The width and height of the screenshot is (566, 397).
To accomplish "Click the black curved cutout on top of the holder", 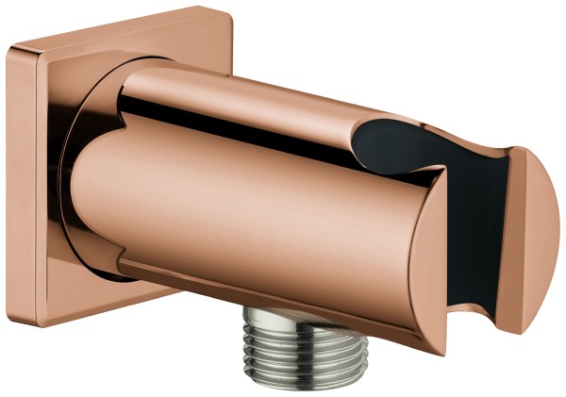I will (396, 141).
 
